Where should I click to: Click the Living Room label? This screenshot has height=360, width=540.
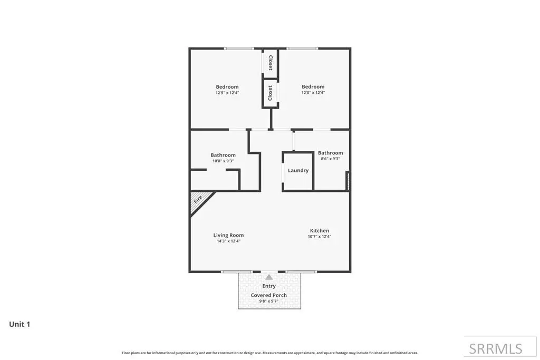228,235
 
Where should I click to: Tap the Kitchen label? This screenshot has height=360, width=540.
319,230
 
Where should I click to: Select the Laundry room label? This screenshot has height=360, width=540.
298,170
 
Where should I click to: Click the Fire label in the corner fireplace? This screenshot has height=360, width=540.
198,200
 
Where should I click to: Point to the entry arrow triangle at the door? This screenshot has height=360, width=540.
269,277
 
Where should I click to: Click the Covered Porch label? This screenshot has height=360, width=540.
268,295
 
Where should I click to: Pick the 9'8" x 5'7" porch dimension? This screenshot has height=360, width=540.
268,301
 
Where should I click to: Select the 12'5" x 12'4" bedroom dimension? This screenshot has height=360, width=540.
227,93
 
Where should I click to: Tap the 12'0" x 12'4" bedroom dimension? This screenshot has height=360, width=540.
313,93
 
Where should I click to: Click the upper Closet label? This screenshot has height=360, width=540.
271,63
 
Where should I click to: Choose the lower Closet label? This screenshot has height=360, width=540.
271,93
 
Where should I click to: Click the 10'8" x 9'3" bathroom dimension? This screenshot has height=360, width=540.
223,161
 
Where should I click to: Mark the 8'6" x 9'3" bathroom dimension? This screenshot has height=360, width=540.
330,159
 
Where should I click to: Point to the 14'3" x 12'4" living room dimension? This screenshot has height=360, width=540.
228,241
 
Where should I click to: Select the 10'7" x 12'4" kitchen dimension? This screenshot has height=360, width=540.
319,237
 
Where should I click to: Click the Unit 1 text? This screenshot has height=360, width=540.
20,324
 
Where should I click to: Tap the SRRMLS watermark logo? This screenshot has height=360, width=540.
496,349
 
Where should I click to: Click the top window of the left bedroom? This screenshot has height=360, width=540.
239,48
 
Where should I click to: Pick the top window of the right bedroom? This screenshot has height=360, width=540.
302,48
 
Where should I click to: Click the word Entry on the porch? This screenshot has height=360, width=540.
269,286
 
